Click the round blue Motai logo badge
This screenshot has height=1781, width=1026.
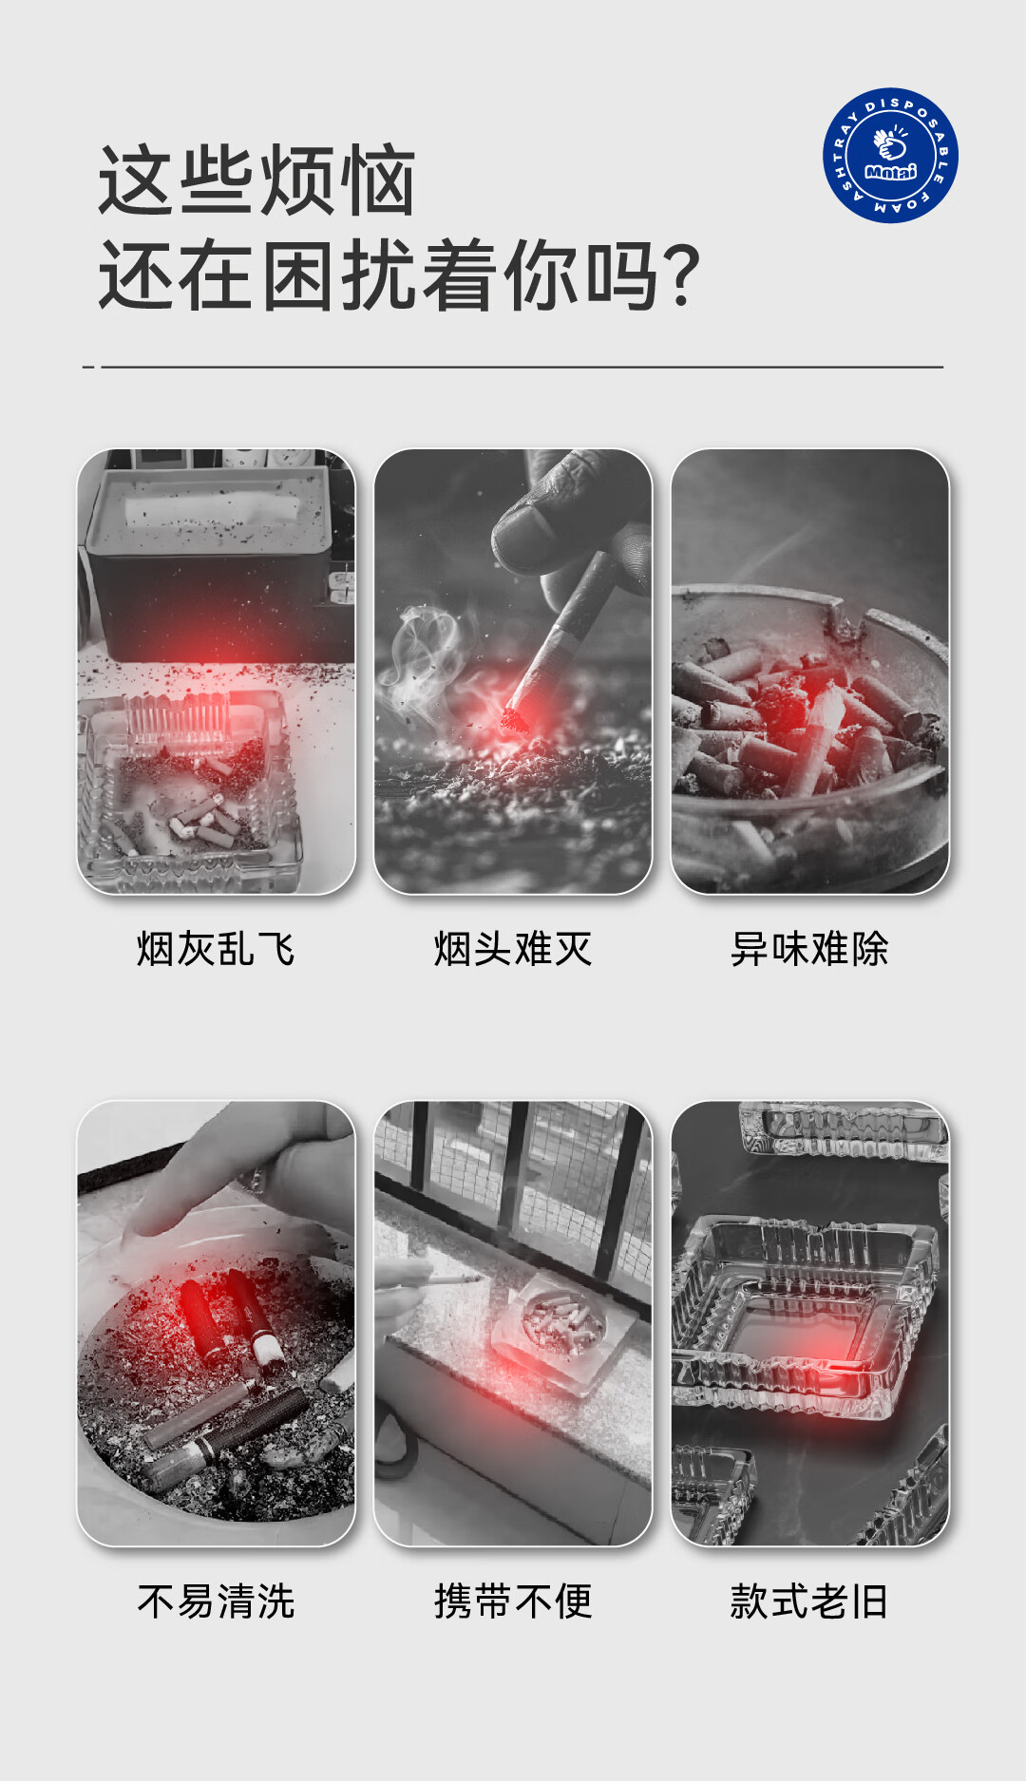[890, 156]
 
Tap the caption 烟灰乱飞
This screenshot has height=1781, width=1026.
[216, 949]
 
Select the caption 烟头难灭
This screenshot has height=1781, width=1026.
[513, 949]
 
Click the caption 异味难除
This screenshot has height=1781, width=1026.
[809, 949]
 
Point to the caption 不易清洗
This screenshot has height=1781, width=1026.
[216, 1601]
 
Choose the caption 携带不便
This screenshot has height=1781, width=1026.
[513, 1601]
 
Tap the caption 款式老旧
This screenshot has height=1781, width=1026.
[809, 1601]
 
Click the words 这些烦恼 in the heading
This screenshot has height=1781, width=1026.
[256, 180]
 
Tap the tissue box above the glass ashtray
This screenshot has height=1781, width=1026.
[209, 560]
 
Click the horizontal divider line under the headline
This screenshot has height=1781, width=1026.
[513, 367]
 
